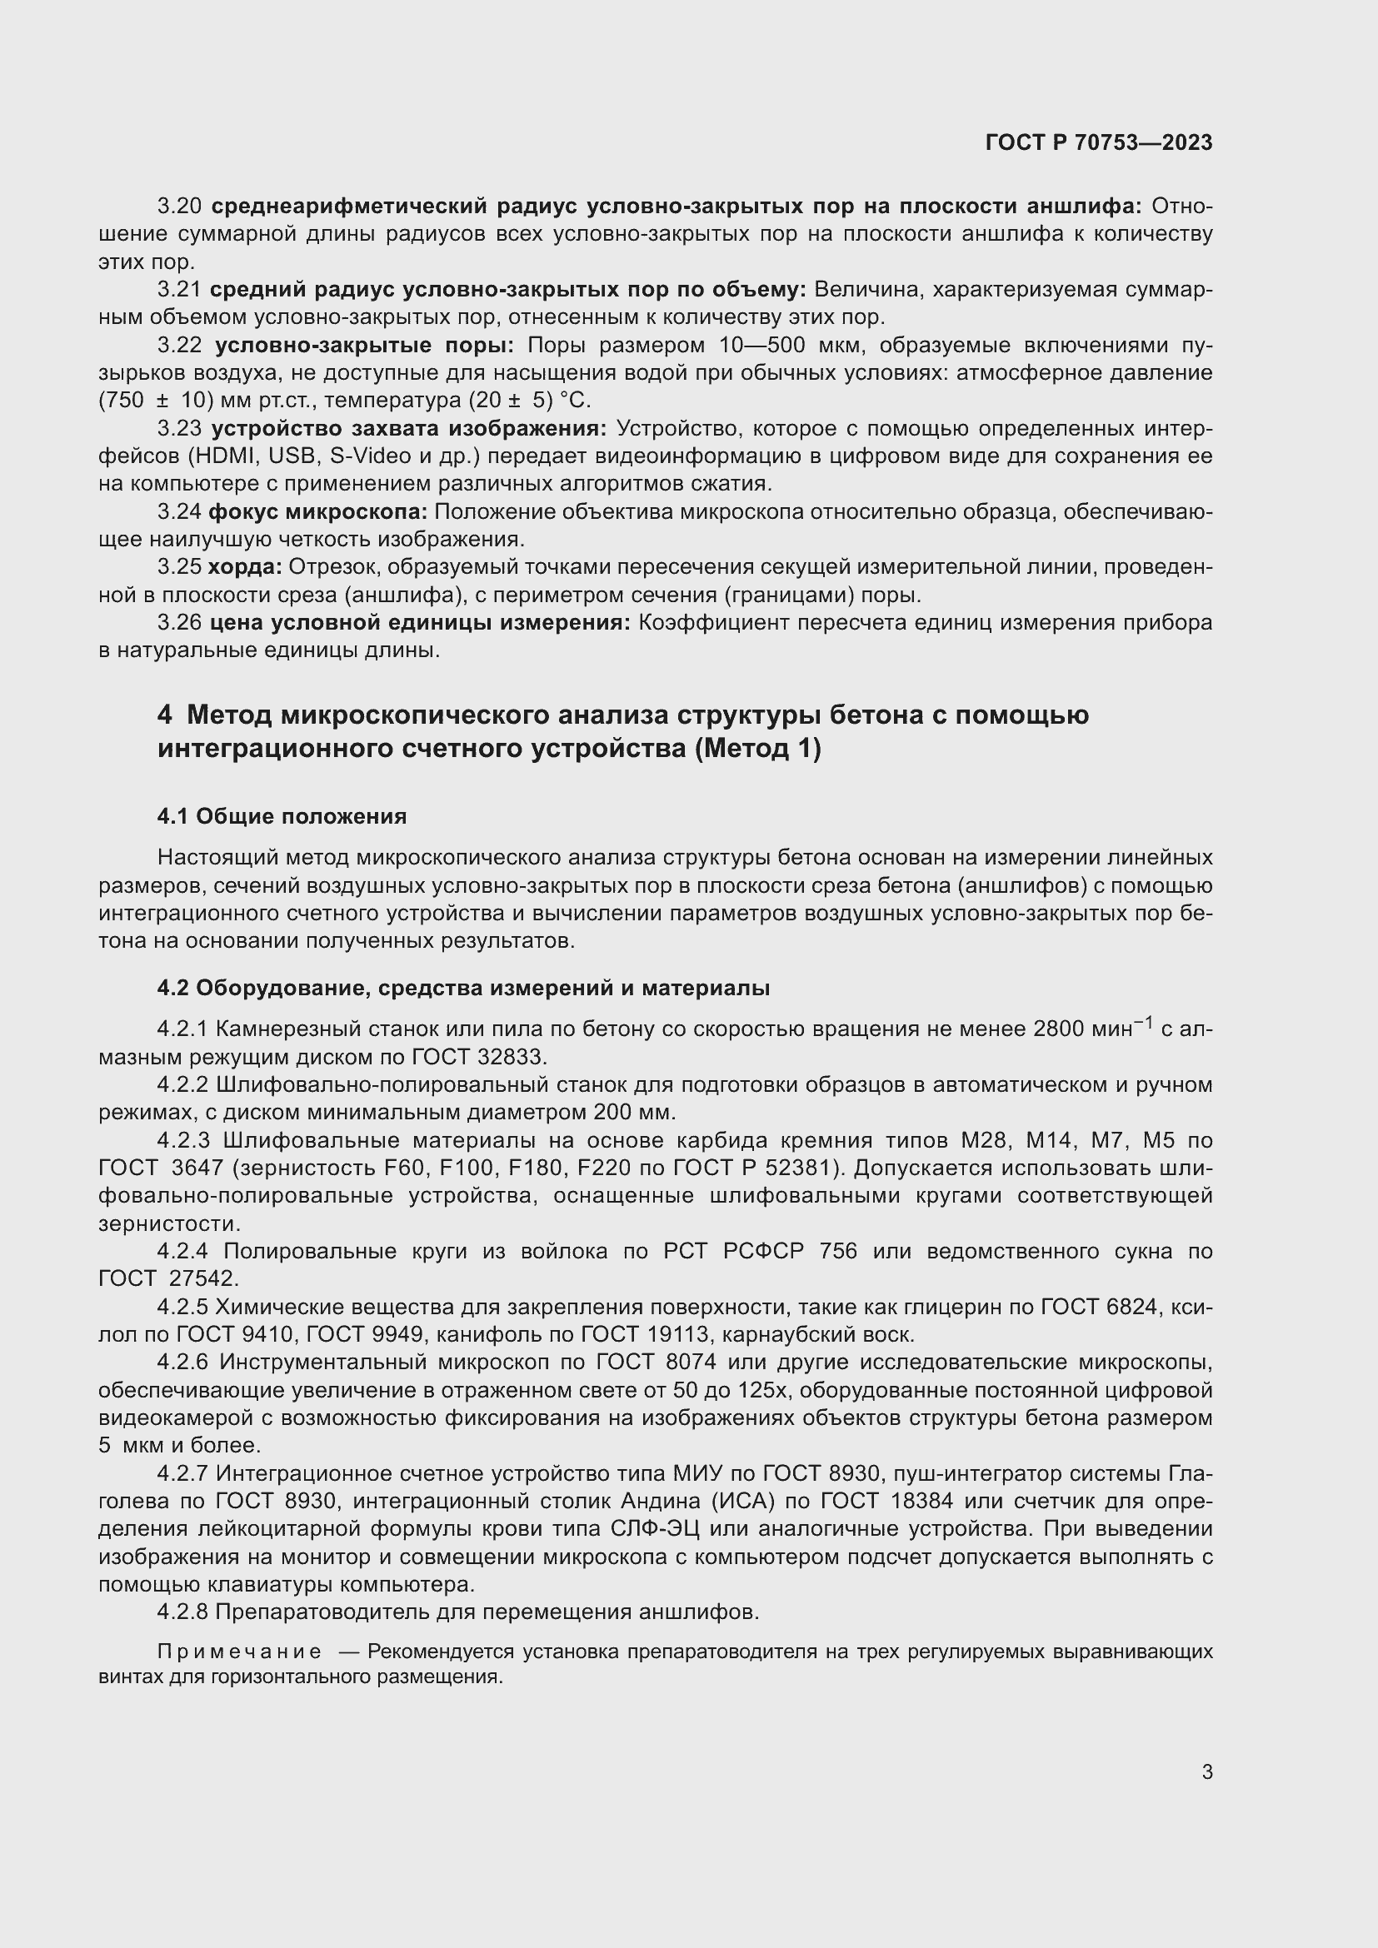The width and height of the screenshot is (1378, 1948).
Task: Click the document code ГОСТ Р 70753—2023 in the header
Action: tap(1099, 143)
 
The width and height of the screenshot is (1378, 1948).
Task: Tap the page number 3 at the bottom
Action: tap(1206, 1771)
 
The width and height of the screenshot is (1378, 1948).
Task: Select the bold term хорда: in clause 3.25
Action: tap(244, 567)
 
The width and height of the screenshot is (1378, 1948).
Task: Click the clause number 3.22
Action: tap(180, 346)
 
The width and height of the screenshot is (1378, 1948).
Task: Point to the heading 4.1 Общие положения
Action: tap(282, 816)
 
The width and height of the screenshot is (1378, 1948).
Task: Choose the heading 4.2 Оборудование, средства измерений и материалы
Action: tap(463, 988)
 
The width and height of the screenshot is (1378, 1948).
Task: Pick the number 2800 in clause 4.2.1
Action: tap(1062, 1029)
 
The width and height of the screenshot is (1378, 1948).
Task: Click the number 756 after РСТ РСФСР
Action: tap(838, 1252)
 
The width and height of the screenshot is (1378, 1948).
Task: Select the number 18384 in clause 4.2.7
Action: tap(922, 1501)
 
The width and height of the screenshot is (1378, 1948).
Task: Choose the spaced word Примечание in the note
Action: tap(239, 1652)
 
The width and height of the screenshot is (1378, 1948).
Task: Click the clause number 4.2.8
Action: tap(182, 1612)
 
